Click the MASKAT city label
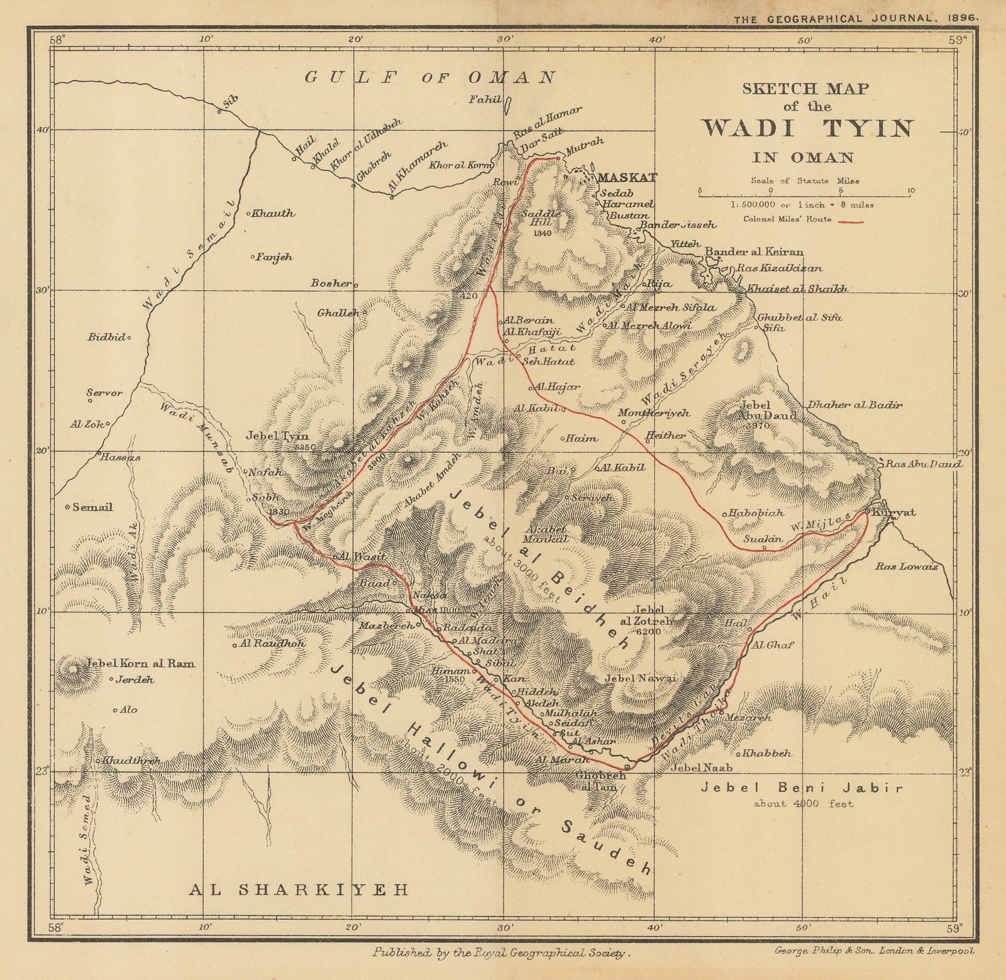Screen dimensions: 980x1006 click(x=626, y=178)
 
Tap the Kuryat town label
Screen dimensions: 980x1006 click(x=894, y=512)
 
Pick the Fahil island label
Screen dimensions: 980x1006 click(x=485, y=99)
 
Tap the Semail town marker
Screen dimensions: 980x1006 click(x=68, y=507)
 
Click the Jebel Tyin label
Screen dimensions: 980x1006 click(x=277, y=436)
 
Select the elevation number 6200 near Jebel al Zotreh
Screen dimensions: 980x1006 click(x=648, y=631)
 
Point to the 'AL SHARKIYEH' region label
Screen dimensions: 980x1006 click(x=299, y=889)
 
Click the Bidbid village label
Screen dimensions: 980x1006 click(x=106, y=338)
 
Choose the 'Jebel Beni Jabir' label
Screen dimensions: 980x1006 click(x=802, y=788)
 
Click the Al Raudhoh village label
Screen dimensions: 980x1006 click(x=272, y=644)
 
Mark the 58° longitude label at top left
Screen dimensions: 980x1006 click(x=57, y=40)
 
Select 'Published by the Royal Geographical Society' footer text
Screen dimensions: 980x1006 click(x=500, y=953)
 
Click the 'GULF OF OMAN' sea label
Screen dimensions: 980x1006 click(x=430, y=78)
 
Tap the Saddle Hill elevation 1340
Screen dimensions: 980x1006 click(x=541, y=233)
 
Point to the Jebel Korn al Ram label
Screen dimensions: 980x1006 click(x=140, y=663)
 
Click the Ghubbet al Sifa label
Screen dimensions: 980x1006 click(x=799, y=317)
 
